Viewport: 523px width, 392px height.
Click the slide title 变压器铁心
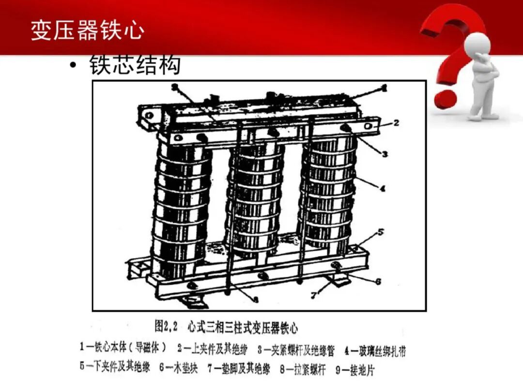(x=87, y=30)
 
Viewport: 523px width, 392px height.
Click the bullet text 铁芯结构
(x=135, y=66)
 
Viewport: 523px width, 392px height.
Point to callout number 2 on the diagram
(x=396, y=123)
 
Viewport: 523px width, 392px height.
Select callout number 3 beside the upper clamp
(x=385, y=154)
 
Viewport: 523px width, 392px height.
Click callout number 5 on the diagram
(x=381, y=232)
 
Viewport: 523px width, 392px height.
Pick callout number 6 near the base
(x=379, y=281)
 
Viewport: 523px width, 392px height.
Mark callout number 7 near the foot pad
(x=314, y=295)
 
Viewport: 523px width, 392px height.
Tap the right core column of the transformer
(x=327, y=194)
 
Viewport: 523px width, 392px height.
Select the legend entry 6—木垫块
(x=178, y=368)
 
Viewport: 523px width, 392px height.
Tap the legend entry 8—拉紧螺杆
(x=303, y=369)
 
